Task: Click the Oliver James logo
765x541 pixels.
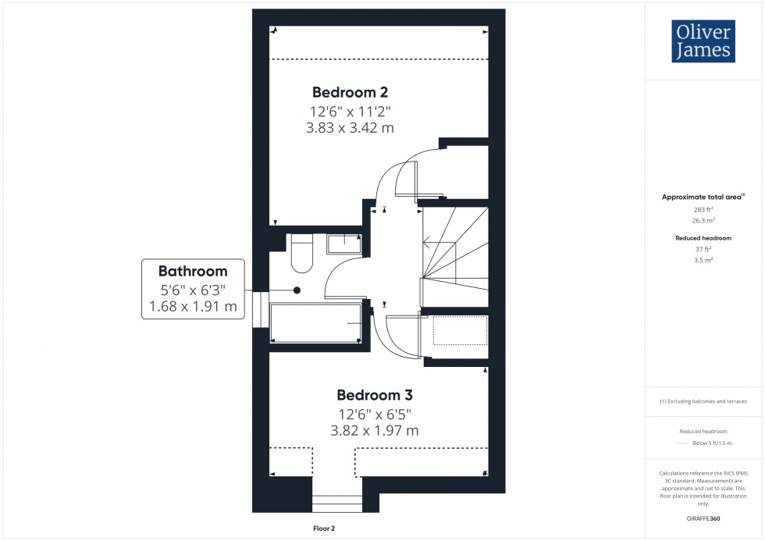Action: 703,41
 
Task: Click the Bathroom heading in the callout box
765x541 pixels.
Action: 193,272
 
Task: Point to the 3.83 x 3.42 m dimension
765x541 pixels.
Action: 350,127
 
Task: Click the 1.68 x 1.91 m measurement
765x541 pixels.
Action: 193,307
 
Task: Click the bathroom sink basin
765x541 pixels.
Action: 343,244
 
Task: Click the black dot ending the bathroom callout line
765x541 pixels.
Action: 297,290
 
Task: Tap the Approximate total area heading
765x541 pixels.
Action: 703,197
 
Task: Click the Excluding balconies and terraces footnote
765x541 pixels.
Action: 703,401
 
